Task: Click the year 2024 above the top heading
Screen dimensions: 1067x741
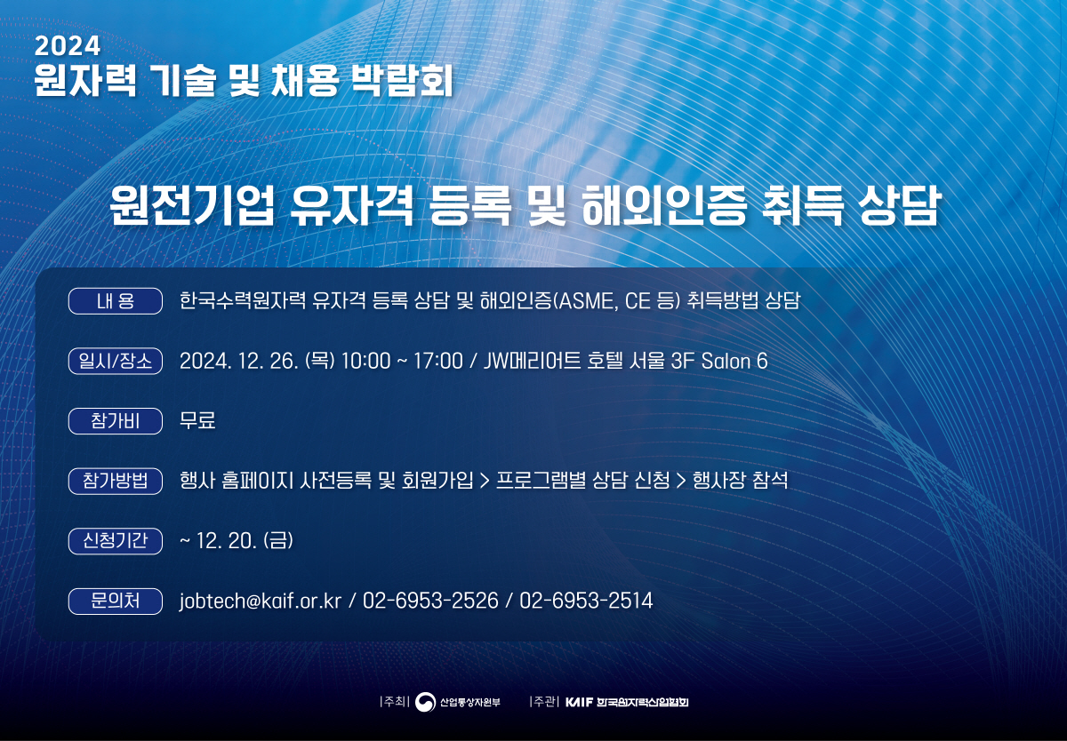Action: [68, 46]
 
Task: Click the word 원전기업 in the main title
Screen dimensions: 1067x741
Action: [192, 205]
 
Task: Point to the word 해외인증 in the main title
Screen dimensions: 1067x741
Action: [663, 205]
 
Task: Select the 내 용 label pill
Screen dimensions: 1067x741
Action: [116, 301]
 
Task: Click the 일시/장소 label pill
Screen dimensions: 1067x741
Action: [116, 361]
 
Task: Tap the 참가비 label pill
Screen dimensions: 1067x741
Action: [116, 421]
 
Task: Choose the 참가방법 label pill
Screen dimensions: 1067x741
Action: [116, 481]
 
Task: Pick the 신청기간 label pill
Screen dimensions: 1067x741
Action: [116, 540]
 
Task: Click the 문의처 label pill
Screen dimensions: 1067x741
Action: [116, 602]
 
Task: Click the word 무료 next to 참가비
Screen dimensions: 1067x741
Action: [197, 420]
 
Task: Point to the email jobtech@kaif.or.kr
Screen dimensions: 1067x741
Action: [260, 602]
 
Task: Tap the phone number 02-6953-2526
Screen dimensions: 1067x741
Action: [430, 601]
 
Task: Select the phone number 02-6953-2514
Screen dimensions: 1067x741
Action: [586, 601]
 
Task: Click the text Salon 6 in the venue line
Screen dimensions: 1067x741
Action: [734, 361]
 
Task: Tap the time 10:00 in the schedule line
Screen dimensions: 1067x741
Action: [365, 361]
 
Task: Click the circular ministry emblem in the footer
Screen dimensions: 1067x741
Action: [425, 702]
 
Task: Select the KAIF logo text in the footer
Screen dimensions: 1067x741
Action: [579, 702]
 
